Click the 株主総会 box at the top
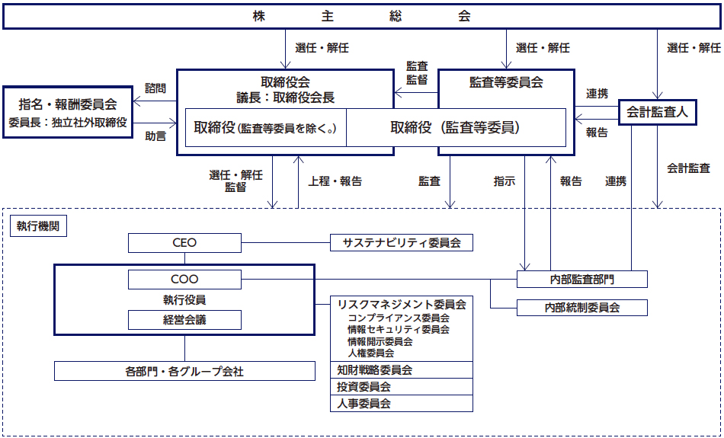361,16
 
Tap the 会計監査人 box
657,112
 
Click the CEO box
184,243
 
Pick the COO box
184,280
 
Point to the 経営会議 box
184,320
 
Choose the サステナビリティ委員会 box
402,243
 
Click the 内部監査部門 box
582,280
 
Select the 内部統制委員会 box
582,308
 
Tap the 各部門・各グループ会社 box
184,372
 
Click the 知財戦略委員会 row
402,370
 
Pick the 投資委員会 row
402,387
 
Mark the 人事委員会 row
402,404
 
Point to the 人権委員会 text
371,353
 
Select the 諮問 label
155,88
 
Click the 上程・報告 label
335,181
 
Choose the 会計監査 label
688,168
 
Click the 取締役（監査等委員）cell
456,128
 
